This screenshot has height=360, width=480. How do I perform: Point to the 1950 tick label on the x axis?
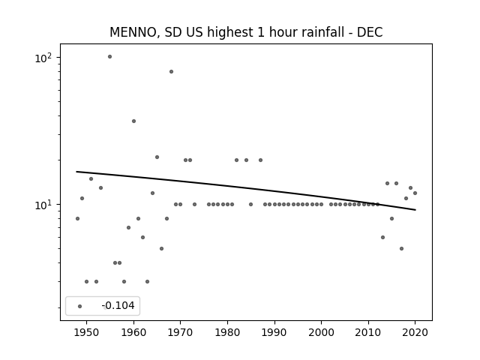[87, 332]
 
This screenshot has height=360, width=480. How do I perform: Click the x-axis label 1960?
[133, 332]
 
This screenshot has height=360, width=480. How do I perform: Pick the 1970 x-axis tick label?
[181, 332]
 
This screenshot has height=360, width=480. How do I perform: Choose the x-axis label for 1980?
[227, 332]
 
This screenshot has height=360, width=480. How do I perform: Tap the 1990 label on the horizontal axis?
[274, 332]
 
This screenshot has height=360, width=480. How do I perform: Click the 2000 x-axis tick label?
[322, 332]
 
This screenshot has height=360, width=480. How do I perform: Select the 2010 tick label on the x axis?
[368, 332]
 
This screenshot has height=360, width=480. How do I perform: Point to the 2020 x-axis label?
[415, 332]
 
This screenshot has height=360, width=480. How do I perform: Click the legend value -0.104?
[118, 305]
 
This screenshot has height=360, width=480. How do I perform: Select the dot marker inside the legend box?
[80, 306]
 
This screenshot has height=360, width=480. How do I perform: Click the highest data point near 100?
[110, 57]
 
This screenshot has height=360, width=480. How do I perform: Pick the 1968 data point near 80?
[172, 72]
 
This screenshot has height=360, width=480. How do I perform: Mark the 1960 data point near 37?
[133, 121]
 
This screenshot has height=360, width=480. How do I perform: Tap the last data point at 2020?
[415, 193]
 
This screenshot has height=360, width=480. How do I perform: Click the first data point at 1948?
[77, 218]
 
